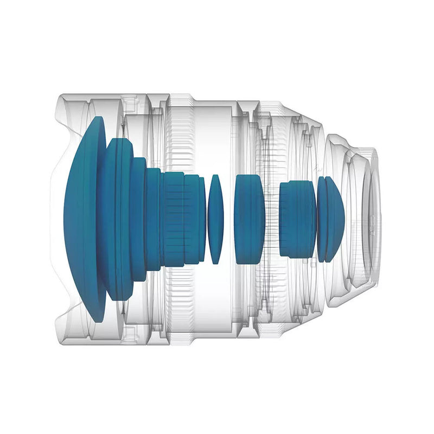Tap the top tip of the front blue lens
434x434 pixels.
(98, 119)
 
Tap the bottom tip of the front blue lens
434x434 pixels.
(98, 319)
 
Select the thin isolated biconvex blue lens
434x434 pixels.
(215, 219)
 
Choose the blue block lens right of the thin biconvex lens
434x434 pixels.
(250, 219)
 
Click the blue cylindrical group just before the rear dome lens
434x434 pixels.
(297, 219)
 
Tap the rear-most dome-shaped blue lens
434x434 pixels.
(331, 219)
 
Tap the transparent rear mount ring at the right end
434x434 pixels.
(372, 217)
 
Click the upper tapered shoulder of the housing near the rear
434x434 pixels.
(309, 122)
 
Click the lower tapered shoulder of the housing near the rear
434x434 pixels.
(309, 315)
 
